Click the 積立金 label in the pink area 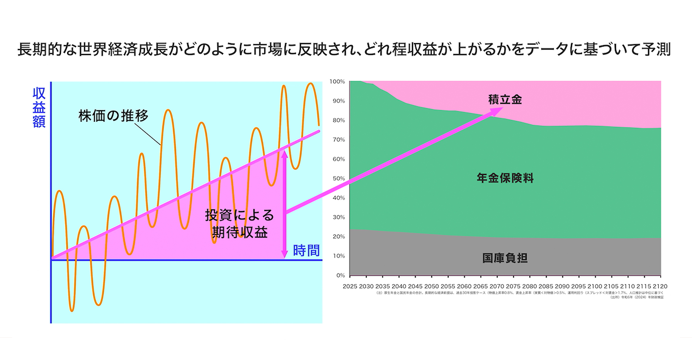pos(505,100)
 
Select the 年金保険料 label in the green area pos(505,178)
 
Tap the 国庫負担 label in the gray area pos(505,258)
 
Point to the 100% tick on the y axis pos(337,82)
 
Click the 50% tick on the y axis pos(338,178)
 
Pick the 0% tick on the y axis pos(340,275)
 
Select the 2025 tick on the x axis pos(350,286)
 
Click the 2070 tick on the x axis pos(497,286)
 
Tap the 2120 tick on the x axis pos(660,286)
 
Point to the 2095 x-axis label pos(578,286)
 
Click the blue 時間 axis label pos(306,251)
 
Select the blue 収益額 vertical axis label pos(39,107)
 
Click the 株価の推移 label pos(113,115)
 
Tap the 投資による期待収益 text pos(240,224)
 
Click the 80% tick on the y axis pos(338,120)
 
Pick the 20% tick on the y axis pos(338,236)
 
